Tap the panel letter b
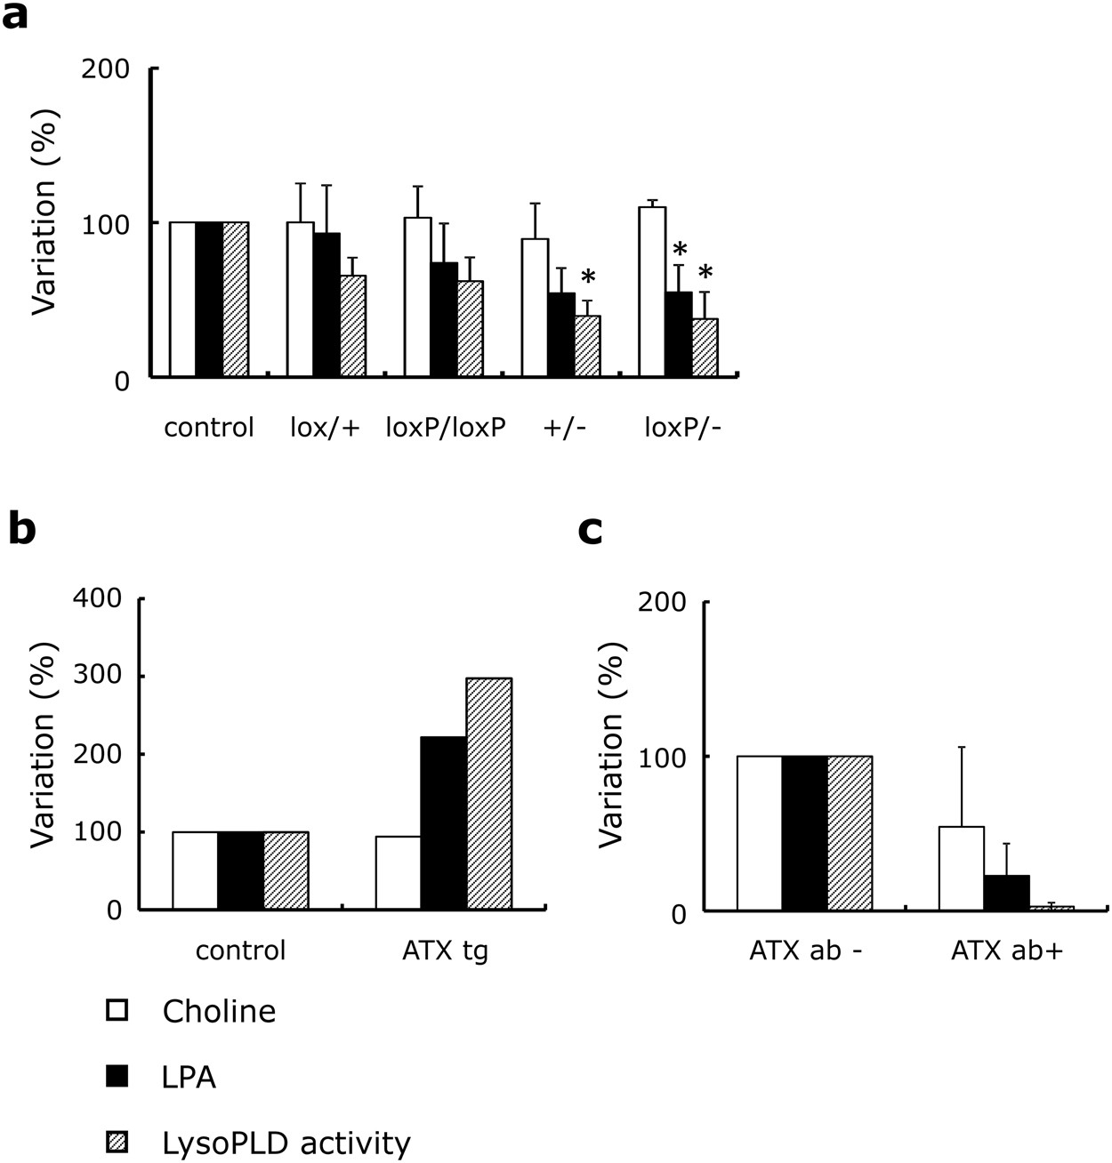pos(22,530)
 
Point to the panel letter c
pos(590,531)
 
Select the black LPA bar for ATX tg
pos(443,822)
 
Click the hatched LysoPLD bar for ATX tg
pos(488,793)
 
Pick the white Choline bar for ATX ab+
pos(961,868)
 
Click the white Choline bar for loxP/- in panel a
pos(652,292)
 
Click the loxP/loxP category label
pos(446,428)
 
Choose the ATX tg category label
pos(445,950)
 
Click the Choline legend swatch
pos(117,1011)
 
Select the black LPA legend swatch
pos(117,1077)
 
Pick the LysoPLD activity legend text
pos(286,1143)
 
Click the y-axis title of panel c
pos(610,756)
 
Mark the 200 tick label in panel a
pos(105,69)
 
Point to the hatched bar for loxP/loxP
pos(470,329)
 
